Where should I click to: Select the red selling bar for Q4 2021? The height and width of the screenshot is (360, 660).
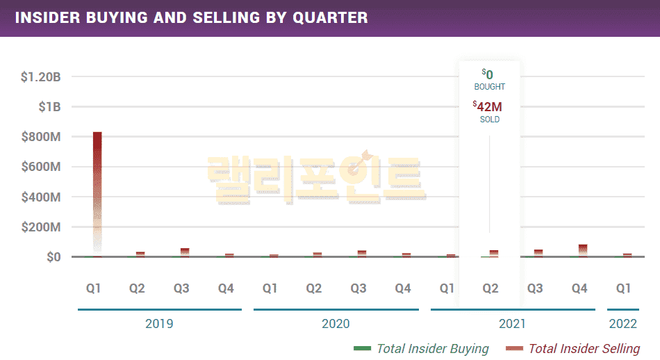click(x=583, y=250)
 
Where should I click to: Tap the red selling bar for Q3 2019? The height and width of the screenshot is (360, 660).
click(x=185, y=252)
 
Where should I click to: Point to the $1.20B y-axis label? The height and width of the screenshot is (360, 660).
click(x=40, y=77)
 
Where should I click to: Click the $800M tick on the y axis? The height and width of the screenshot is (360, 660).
click(x=42, y=137)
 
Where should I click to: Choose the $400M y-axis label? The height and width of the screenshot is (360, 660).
click(x=42, y=197)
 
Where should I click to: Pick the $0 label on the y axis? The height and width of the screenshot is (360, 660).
click(x=53, y=257)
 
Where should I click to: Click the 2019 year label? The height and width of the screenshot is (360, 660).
click(x=159, y=324)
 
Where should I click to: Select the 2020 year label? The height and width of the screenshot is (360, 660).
click(x=336, y=324)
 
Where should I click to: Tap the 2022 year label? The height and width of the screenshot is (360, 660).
click(x=622, y=324)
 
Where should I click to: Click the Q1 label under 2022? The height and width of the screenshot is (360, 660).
click(x=623, y=288)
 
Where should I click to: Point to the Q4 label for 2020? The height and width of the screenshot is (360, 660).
click(x=402, y=288)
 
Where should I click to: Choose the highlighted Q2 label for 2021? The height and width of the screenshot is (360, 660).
click(x=490, y=288)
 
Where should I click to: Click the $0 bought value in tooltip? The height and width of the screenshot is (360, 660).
click(x=488, y=74)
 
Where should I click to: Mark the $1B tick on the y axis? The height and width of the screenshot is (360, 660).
click(x=49, y=107)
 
